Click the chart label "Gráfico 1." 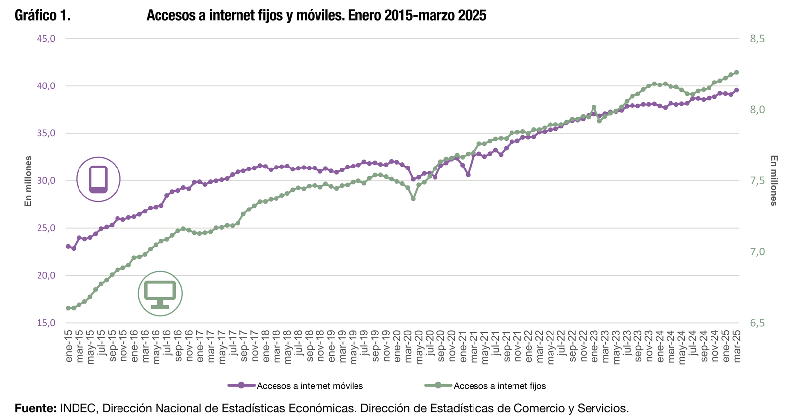(x=42, y=16)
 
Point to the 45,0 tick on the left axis (x=46, y=39)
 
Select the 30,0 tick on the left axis (x=46, y=181)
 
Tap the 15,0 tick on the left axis (x=46, y=323)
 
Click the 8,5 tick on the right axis (x=757, y=39)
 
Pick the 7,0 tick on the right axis (x=757, y=252)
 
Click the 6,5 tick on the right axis (x=757, y=323)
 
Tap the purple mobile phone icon (x=98, y=179)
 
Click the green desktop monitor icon (x=160, y=293)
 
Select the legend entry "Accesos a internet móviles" (x=310, y=386)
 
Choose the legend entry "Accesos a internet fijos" (x=499, y=386)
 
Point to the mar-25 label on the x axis (x=737, y=346)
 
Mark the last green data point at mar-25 (x=736, y=72)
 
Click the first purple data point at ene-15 (x=68, y=246)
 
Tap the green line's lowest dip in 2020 (x=413, y=199)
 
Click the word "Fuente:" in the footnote (x=36, y=409)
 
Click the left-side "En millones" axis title (x=28, y=181)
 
